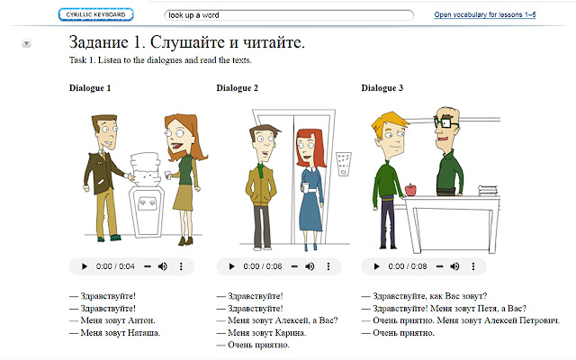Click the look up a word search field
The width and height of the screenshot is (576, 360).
[x=288, y=15]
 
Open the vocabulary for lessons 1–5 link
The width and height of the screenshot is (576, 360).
[x=497, y=15]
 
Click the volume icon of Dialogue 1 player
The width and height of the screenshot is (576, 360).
[x=162, y=266]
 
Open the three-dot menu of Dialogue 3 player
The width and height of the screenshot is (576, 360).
[x=474, y=266]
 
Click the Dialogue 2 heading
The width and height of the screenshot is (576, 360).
[x=238, y=87]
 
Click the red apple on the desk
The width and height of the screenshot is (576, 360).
[x=411, y=189]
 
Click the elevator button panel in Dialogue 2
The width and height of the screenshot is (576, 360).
[x=342, y=162]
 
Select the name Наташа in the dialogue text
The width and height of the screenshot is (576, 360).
[x=142, y=333]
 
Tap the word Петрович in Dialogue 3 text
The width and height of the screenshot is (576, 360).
[x=535, y=319]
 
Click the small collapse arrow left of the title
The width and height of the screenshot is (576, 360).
[x=26, y=42]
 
